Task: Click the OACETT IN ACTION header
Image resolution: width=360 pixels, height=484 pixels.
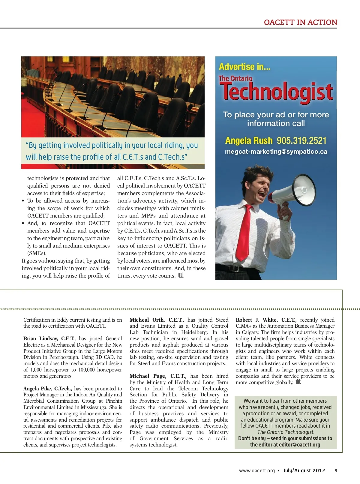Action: (x=300, y=23)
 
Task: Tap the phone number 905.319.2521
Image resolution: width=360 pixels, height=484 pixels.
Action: (x=301, y=140)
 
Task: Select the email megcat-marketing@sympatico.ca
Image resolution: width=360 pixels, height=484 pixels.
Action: (x=276, y=152)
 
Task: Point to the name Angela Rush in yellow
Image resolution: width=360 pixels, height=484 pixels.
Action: (x=249, y=140)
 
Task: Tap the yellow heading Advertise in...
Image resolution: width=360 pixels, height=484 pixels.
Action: (x=244, y=67)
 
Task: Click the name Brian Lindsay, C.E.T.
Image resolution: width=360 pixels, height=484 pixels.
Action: (x=49, y=338)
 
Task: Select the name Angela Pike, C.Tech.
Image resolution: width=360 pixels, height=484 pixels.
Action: (x=47, y=389)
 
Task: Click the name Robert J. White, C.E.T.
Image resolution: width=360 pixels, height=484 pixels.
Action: (x=266, y=320)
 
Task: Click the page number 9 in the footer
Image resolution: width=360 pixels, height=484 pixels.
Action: (x=336, y=470)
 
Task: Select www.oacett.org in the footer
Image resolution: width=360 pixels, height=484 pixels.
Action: (x=257, y=470)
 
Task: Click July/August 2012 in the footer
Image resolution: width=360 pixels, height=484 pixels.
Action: (x=304, y=470)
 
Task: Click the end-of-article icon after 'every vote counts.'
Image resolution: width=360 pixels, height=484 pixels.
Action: (x=181, y=275)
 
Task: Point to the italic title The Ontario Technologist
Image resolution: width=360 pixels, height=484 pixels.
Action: (x=286, y=432)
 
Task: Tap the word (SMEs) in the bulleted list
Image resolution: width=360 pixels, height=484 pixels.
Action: (x=37, y=253)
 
